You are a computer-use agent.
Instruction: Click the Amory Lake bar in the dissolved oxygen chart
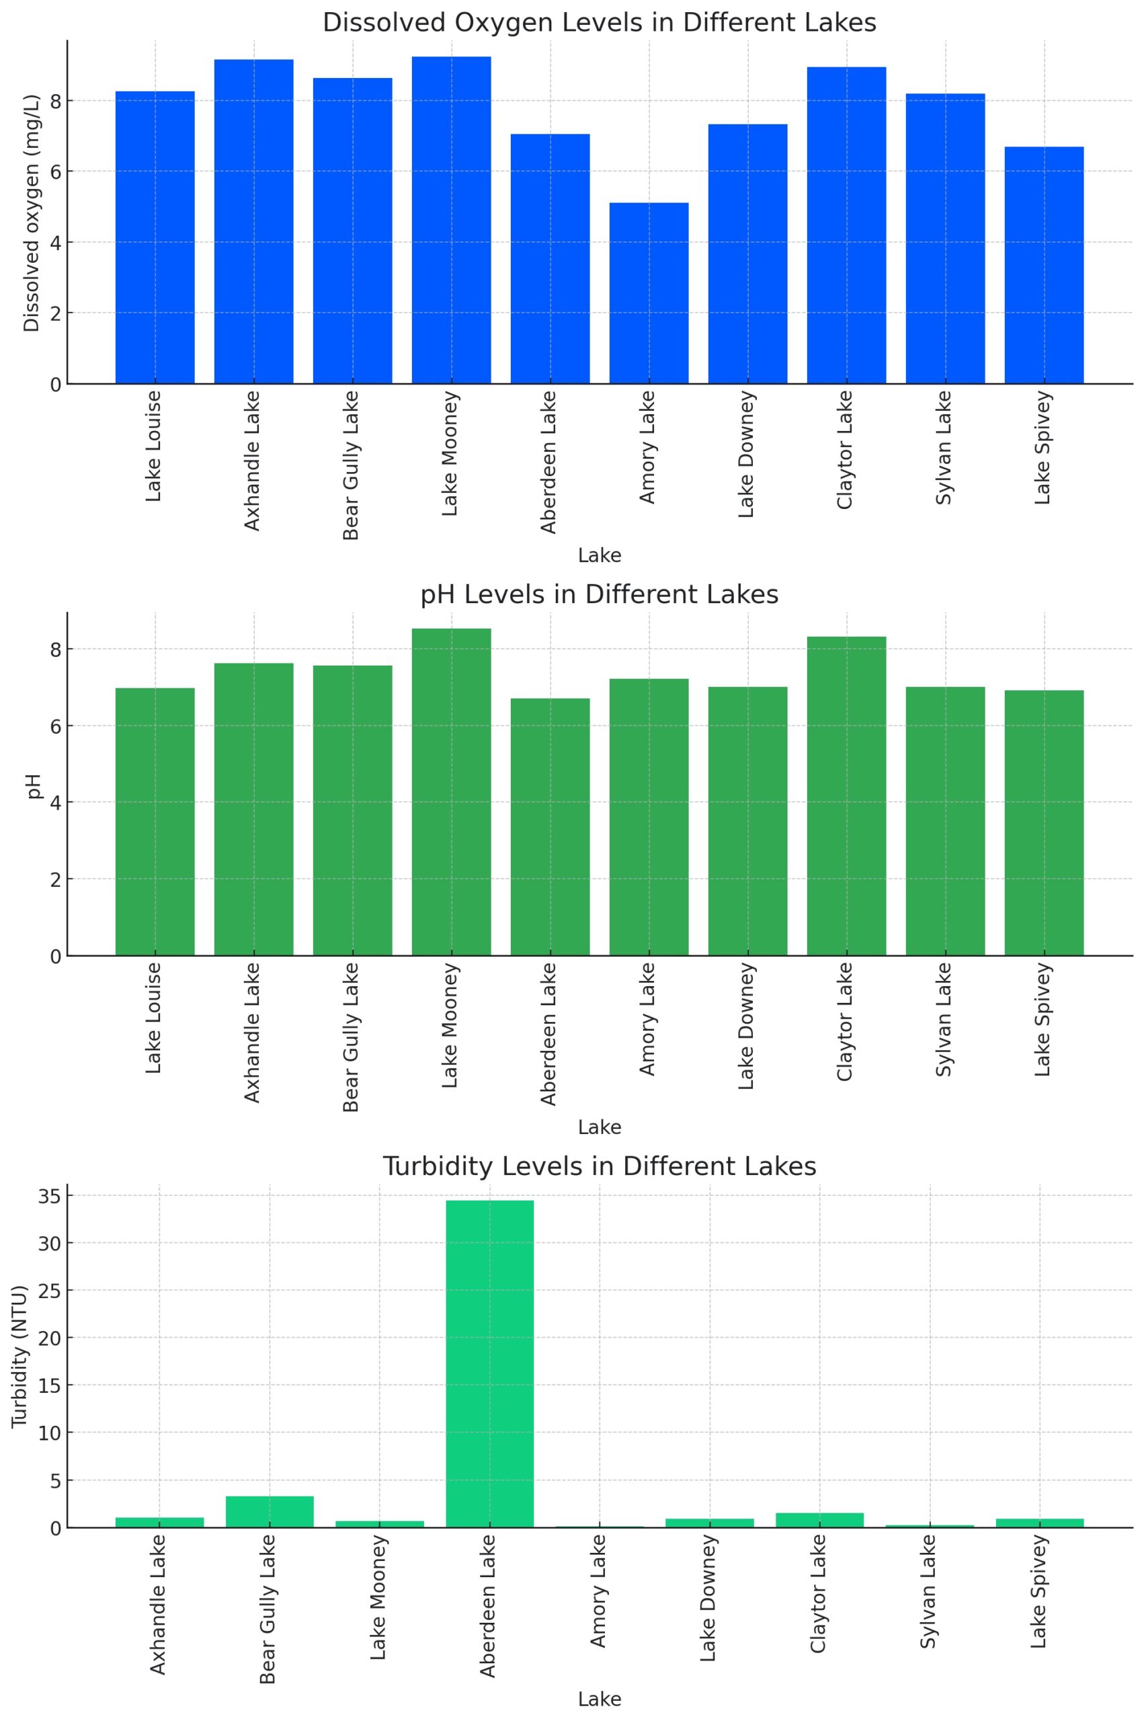tap(649, 293)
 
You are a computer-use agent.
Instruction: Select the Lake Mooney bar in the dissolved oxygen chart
tap(451, 221)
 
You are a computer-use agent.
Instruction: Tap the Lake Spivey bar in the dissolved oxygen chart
tap(1043, 265)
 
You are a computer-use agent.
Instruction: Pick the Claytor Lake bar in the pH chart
tap(846, 796)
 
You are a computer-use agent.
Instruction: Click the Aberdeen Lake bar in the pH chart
tap(550, 827)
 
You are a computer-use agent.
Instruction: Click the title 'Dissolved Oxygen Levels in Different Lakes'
tap(599, 23)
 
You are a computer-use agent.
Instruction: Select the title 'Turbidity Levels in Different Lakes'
tap(599, 1166)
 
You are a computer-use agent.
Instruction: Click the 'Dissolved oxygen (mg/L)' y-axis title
tap(32, 213)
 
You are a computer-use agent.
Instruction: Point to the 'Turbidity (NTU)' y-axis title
tap(19, 1356)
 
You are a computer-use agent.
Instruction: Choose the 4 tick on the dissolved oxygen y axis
tap(55, 242)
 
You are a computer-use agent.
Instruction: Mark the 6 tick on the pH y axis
tap(55, 726)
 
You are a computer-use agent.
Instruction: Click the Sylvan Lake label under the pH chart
tap(944, 1019)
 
